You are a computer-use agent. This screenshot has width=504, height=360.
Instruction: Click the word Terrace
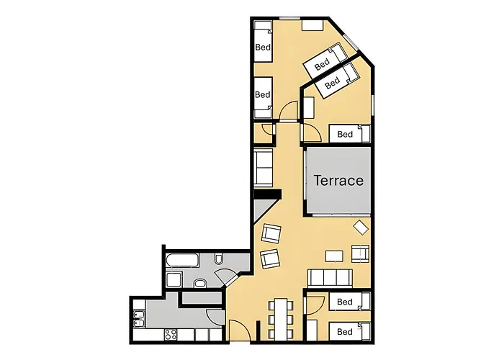coord(338,180)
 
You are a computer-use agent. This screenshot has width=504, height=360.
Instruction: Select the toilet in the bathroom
coord(220,260)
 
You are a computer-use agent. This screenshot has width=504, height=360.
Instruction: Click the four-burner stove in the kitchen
coord(171,335)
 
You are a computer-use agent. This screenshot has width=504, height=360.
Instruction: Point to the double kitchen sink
coord(140,318)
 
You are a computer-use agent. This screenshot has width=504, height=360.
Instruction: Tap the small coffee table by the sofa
coord(334,256)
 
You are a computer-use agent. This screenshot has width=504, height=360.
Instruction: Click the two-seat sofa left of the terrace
coord(263,167)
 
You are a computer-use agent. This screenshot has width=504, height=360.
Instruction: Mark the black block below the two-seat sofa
coord(266,194)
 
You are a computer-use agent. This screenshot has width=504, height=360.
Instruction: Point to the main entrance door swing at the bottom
coord(240,331)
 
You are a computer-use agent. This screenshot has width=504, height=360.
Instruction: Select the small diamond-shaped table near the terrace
coord(361,228)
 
